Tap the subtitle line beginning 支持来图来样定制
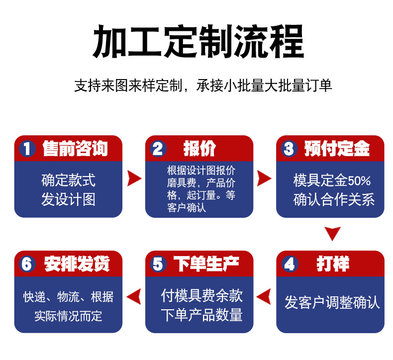(x=203, y=86)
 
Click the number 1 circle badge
(x=27, y=149)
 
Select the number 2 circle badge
(x=158, y=149)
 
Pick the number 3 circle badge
(x=289, y=149)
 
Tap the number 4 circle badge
(x=289, y=264)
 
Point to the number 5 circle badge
(x=158, y=264)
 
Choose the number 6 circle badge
(x=27, y=264)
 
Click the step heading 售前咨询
(x=75, y=148)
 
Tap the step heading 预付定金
(x=337, y=148)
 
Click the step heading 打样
(x=333, y=264)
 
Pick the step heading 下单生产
(x=206, y=264)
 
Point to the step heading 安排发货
(x=77, y=264)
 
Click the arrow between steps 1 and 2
(x=134, y=178)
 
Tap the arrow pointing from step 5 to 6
(x=134, y=297)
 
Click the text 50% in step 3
(x=360, y=180)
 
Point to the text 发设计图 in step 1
(x=68, y=200)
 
